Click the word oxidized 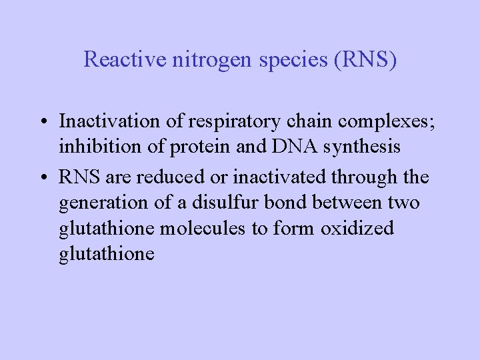357,228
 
